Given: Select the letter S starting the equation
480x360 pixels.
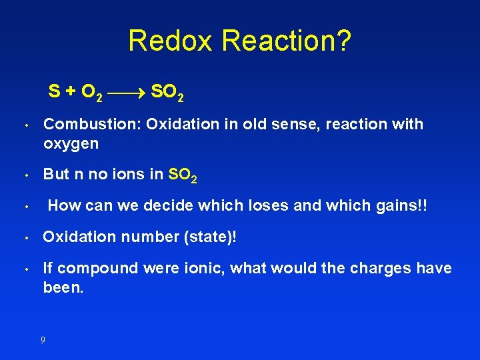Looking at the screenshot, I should pyautogui.click(x=54, y=91).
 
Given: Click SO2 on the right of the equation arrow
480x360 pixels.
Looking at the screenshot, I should pyautogui.click(x=167, y=92).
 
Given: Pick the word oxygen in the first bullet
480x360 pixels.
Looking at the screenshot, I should pyautogui.click(x=71, y=143).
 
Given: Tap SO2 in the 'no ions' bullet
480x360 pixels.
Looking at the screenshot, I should pyautogui.click(x=182, y=175).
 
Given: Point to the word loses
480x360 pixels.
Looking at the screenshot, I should pyautogui.click(x=269, y=205).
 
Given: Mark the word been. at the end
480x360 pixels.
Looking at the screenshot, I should pyautogui.click(x=63, y=287).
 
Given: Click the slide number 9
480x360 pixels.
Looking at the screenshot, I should pyautogui.click(x=43, y=340).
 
